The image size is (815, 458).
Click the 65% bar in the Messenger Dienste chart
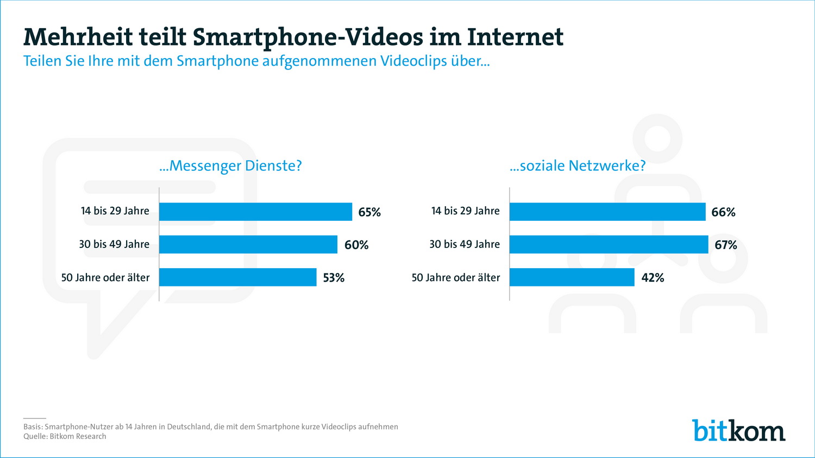255,212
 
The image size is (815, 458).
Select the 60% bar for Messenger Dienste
248,244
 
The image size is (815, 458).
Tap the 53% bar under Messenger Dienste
237,277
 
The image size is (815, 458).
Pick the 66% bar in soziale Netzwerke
607,212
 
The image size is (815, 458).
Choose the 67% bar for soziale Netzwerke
609,244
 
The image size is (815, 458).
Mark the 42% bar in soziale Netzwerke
572,277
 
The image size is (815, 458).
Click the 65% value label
369,212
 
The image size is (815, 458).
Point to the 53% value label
334,278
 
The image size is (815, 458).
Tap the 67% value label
726,245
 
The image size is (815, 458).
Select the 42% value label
653,278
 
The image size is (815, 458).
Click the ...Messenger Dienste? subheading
230,166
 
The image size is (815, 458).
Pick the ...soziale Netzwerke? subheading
578,166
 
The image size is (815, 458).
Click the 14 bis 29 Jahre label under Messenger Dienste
115,211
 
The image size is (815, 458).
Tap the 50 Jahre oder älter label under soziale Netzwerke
455,278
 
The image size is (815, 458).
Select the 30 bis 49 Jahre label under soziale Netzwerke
465,244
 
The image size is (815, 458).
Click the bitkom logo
738,430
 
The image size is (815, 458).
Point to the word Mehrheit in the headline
78,37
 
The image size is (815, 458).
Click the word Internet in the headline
515,37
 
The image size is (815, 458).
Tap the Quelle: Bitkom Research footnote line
65,436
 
